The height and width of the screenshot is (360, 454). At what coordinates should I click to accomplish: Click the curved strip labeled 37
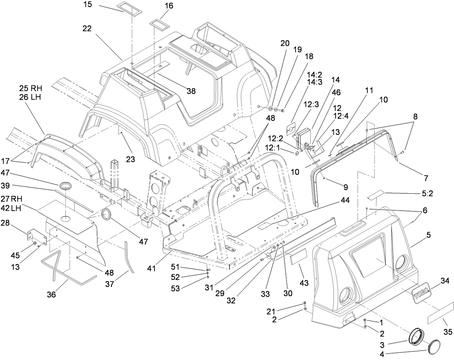pyautogui.click(x=128, y=256)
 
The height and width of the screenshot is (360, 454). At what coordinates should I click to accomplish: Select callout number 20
pyautogui.click(x=285, y=43)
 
